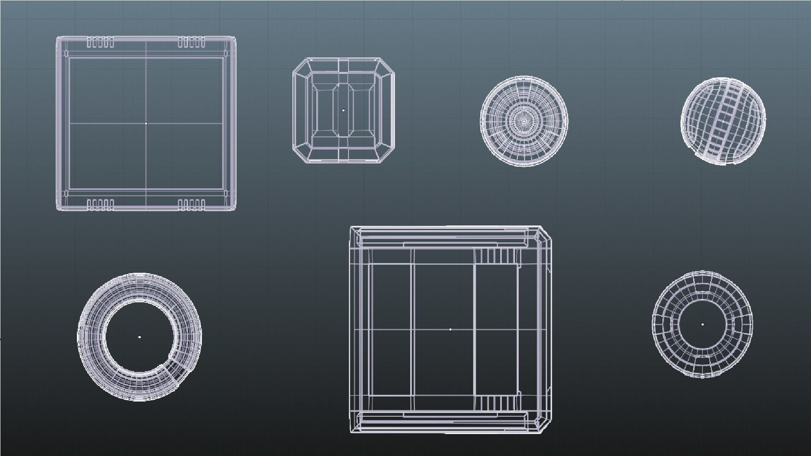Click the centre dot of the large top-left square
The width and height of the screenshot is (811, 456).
pyautogui.click(x=146, y=123)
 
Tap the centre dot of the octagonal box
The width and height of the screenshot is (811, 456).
pyautogui.click(x=343, y=110)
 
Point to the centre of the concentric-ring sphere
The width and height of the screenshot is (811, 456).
pyautogui.click(x=524, y=121)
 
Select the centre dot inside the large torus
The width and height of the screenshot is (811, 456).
pyautogui.click(x=139, y=337)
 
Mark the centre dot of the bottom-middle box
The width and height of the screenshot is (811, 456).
pyautogui.click(x=450, y=329)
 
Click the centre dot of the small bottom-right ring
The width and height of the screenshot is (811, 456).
pyautogui.click(x=702, y=324)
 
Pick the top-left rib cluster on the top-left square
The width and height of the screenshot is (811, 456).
pyautogui.click(x=101, y=42)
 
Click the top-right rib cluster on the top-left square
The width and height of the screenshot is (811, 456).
pyautogui.click(x=191, y=42)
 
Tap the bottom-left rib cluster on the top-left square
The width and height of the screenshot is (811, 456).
pyautogui.click(x=101, y=205)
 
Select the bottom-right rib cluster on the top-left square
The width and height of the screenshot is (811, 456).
pyautogui.click(x=191, y=205)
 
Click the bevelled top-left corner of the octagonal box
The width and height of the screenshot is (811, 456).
pyautogui.click(x=300, y=65)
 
